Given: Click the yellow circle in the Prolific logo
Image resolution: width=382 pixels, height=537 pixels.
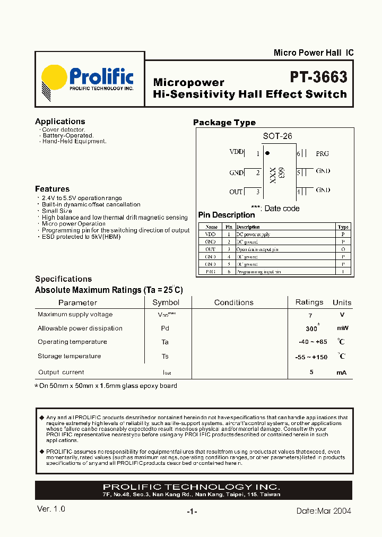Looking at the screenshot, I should coord(54,79).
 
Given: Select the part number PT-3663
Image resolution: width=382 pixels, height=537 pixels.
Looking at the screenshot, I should coord(318,77).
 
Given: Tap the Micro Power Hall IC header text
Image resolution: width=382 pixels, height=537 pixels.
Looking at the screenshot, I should coord(313,53).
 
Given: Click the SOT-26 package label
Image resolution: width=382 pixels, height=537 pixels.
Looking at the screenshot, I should coord(277,136).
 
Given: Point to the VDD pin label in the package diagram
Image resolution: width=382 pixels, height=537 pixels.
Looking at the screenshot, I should coord(237,152).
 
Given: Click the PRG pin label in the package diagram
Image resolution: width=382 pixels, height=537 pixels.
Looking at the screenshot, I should coord(322,153).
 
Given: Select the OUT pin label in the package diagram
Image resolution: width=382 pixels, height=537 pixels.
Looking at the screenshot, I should coord(236,192).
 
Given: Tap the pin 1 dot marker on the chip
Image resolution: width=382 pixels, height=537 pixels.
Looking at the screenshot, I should coord(267,153).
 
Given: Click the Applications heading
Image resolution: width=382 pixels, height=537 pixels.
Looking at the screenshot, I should coord(60,122).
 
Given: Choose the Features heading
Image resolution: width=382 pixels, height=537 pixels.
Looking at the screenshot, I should coord(52,189).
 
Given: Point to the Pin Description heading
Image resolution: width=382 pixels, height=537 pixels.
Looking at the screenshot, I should coord(227,215).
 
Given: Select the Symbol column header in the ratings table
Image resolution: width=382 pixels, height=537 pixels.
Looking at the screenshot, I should coord(166,302).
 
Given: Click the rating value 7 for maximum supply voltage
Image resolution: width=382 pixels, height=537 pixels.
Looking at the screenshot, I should coord(311,315).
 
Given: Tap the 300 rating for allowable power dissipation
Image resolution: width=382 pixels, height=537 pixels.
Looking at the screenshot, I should coord(311,328).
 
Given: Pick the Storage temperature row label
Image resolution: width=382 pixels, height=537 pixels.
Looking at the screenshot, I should coord(69,356).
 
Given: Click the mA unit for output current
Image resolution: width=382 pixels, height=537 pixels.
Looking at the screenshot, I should coord(341,373).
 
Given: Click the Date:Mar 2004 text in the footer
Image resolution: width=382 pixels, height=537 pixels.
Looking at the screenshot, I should coord(324,511).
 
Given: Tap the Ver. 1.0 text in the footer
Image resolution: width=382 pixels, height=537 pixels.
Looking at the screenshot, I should coord(51,509).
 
